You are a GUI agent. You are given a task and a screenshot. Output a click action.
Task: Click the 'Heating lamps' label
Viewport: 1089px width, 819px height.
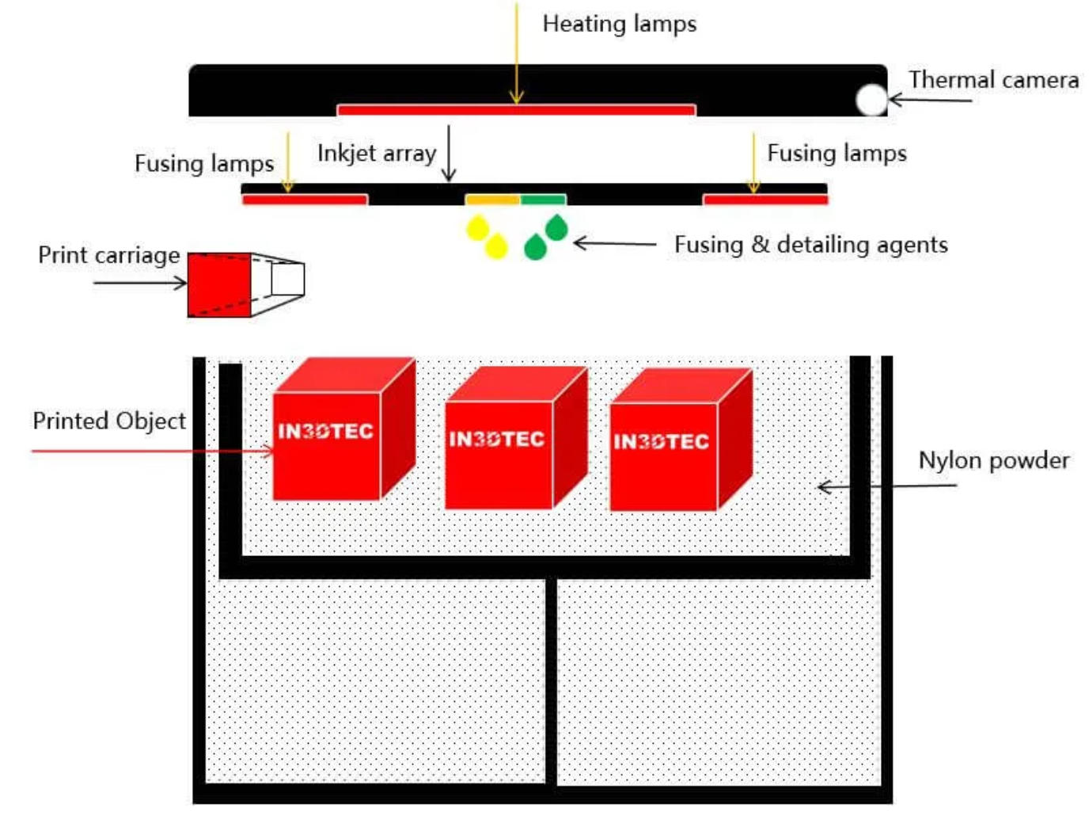click(619, 24)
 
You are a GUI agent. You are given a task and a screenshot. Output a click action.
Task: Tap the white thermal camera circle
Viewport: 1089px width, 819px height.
click(871, 100)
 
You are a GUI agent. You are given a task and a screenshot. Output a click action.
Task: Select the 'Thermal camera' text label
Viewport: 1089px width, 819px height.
click(992, 80)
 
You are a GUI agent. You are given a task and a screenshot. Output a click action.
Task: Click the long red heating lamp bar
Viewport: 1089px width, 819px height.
click(516, 110)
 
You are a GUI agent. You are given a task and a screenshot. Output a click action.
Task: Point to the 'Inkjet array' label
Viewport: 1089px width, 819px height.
click(376, 153)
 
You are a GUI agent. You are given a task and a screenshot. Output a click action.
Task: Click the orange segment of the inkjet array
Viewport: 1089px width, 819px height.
click(492, 200)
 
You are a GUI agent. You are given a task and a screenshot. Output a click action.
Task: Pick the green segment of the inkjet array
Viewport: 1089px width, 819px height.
click(543, 200)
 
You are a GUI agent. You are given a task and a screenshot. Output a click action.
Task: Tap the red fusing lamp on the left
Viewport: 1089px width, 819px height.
click(305, 200)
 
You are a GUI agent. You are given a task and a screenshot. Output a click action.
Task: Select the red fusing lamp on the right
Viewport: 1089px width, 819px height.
click(765, 200)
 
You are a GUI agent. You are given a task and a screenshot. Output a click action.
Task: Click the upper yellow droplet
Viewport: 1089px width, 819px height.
click(477, 229)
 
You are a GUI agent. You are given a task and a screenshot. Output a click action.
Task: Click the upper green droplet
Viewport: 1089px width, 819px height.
click(556, 228)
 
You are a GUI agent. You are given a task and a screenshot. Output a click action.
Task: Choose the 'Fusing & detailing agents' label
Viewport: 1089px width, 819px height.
click(810, 245)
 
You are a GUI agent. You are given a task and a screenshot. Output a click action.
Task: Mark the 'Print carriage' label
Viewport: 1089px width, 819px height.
click(108, 255)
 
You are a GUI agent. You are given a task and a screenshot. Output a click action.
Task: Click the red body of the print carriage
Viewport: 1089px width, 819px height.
click(219, 284)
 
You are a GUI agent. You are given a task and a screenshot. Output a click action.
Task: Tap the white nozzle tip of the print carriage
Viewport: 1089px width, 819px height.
click(286, 279)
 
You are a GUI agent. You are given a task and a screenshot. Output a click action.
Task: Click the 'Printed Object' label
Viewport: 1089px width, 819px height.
click(109, 421)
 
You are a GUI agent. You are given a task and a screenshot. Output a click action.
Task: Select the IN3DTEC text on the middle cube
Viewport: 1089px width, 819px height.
click(496, 439)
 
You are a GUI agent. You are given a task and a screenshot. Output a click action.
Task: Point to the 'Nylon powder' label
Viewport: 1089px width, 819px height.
click(993, 460)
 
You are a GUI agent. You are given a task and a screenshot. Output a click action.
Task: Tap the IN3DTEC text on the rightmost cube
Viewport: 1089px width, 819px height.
click(661, 441)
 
